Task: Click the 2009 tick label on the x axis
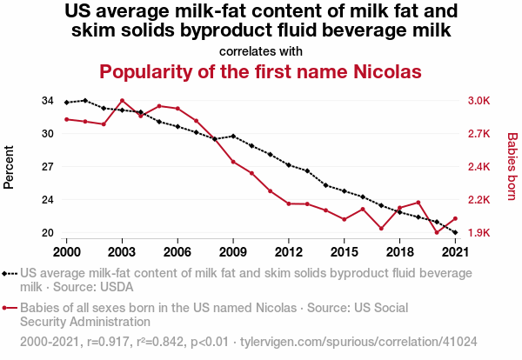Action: (x=233, y=251)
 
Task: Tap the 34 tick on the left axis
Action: (x=48, y=101)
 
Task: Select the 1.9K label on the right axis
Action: (x=480, y=233)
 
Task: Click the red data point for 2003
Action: (x=122, y=101)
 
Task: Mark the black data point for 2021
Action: (x=456, y=233)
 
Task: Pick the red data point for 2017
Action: (x=381, y=229)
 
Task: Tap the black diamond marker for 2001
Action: (x=84, y=101)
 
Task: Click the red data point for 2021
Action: (x=456, y=218)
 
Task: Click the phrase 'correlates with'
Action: (x=261, y=51)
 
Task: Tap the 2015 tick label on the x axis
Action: (x=345, y=251)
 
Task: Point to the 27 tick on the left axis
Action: (x=48, y=167)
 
